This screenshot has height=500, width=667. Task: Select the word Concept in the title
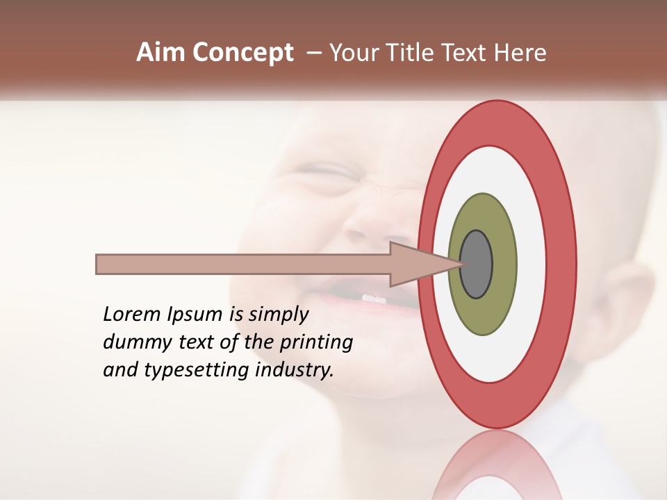[x=243, y=53]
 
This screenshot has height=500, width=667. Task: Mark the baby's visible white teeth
[x=373, y=299]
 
